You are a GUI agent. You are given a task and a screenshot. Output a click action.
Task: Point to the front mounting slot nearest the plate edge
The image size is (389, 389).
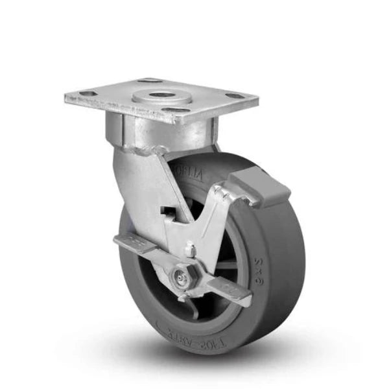click(x=174, y=110)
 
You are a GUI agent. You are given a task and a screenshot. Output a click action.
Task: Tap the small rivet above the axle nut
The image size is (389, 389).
click(x=190, y=248)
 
